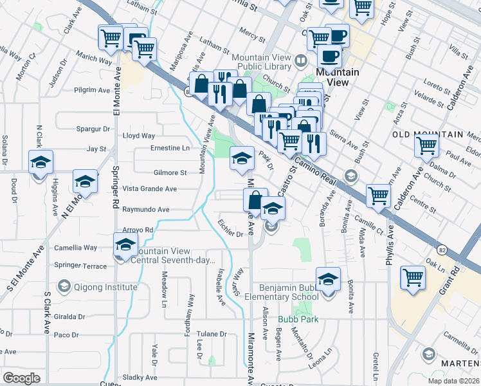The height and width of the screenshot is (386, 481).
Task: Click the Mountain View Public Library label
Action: (260, 61)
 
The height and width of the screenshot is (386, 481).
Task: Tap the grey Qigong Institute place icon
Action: (64, 285)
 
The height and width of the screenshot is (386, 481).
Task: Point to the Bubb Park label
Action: (293, 318)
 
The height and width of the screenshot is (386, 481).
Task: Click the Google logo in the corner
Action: (21, 378)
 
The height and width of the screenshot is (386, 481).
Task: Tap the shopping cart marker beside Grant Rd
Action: (413, 277)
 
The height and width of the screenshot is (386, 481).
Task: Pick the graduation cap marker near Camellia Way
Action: (126, 243)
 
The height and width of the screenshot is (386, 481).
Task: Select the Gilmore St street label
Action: (170, 172)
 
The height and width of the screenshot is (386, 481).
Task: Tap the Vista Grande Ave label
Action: (149, 189)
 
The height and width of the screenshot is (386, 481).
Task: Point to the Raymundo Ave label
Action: (145, 210)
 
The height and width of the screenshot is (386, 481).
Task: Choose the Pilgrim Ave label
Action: (92, 91)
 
